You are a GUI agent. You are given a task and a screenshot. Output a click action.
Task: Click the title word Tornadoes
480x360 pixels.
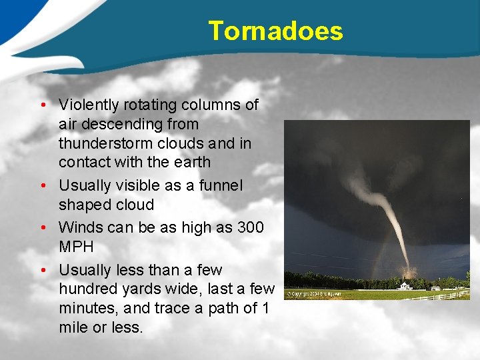pyautogui.click(x=275, y=31)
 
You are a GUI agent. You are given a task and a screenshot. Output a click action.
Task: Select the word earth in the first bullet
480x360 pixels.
pyautogui.click(x=191, y=162)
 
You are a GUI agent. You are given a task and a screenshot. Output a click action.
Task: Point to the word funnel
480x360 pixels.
pyautogui.click(x=221, y=185)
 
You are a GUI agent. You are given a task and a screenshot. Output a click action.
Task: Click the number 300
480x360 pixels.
pyautogui.click(x=250, y=227)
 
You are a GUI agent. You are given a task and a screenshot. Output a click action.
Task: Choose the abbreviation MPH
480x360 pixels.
pyautogui.click(x=76, y=247)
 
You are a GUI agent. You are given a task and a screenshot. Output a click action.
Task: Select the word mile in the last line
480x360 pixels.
pyautogui.click(x=73, y=327)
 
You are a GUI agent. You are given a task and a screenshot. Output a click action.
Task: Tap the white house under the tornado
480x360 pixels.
pyautogui.click(x=405, y=286)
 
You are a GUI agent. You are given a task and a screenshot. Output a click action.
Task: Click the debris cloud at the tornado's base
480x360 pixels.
pyautogui.click(x=407, y=271)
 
